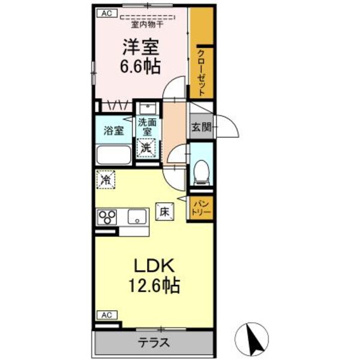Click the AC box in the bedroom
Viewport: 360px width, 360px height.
click(107, 13)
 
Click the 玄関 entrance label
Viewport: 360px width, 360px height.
click(201, 127)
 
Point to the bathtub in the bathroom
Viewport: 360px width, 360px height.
click(113, 156)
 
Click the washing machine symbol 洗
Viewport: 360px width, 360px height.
click(147, 146)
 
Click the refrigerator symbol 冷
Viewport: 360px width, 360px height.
click(106, 179)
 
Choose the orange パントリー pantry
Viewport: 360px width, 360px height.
click(200, 208)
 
